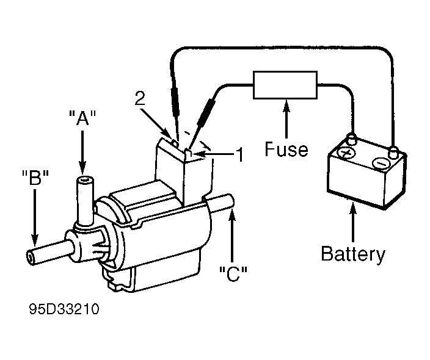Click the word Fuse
click(286, 149)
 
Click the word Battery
click(353, 254)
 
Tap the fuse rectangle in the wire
click(285, 85)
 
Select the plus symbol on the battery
click(346, 153)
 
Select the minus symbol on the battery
click(381, 164)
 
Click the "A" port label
click(82, 118)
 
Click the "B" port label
click(35, 178)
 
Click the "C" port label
click(233, 274)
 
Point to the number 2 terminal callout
click(140, 98)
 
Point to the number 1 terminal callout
click(239, 155)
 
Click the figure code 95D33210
click(64, 309)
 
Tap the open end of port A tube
click(84, 180)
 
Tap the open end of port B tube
click(30, 257)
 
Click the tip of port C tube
click(231, 201)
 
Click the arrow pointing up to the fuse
click(286, 118)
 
